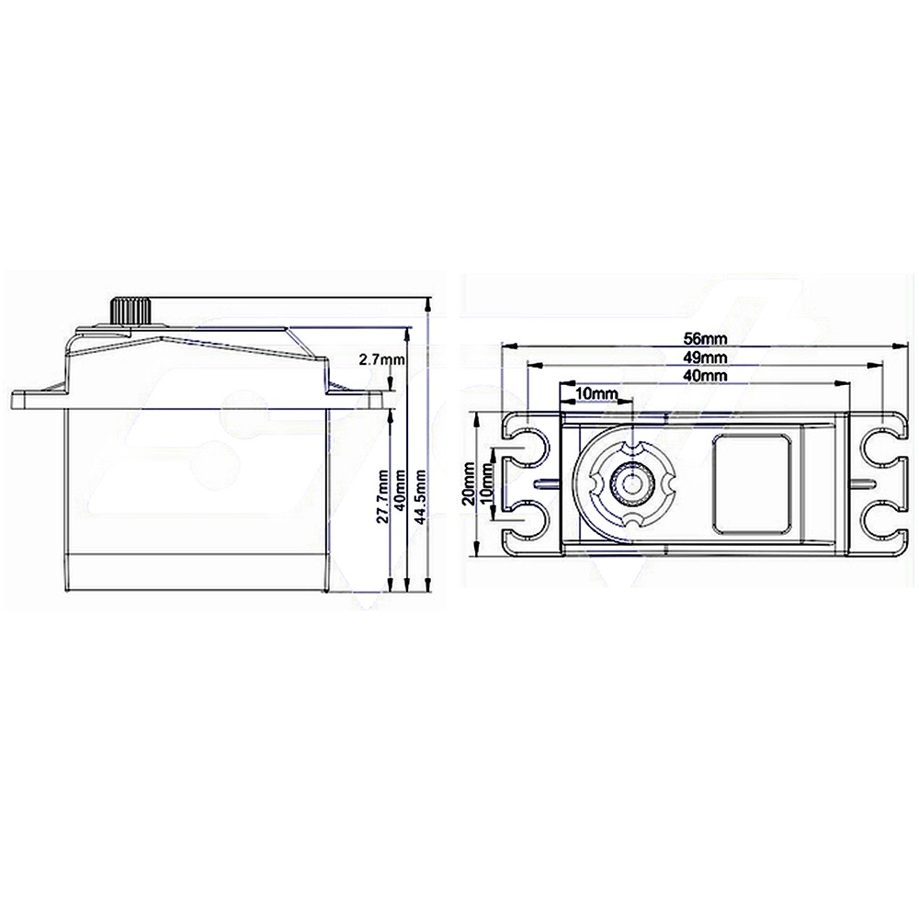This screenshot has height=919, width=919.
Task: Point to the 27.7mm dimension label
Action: pyautogui.click(x=380, y=496)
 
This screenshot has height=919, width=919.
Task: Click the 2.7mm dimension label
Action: pyautogui.click(x=380, y=360)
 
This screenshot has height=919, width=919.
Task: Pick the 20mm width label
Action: pyautogui.click(x=470, y=483)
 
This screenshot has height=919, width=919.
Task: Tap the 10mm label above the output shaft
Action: pyautogui.click(x=596, y=393)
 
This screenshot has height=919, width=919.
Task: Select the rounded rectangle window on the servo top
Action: pyautogui.click(x=751, y=482)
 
